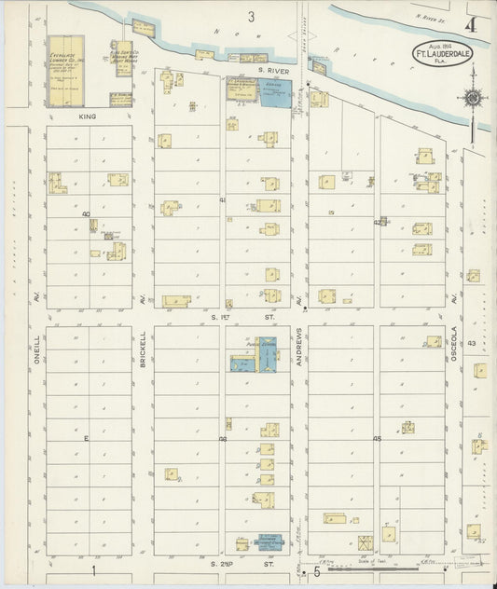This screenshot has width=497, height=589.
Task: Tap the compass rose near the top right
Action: [474, 97]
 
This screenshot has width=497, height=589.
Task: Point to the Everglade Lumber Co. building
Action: [65, 70]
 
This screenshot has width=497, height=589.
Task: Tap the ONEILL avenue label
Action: [37, 349]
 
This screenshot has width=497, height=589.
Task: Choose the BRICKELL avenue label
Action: [144, 349]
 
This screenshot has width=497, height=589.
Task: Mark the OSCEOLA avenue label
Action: [455, 348]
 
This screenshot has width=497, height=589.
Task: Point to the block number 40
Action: [86, 213]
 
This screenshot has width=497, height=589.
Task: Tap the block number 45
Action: [378, 438]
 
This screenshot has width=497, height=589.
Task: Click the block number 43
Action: [472, 343]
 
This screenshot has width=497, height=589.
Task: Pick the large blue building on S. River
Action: [275, 93]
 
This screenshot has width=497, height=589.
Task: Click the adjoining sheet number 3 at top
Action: [250, 17]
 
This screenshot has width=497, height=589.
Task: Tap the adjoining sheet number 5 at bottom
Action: [315, 572]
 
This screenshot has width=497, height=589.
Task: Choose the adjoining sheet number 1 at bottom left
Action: [93, 569]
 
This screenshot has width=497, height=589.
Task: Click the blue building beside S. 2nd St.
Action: [269, 541]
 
